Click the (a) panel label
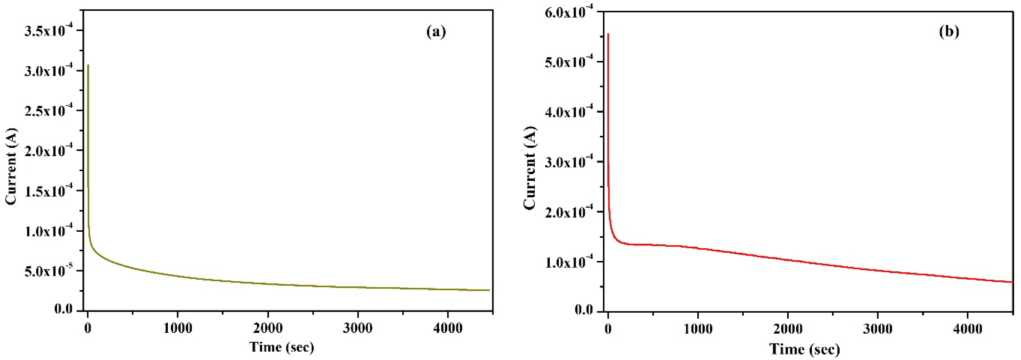tap(436, 32)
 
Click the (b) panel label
tap(949, 32)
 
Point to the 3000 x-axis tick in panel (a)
tap(358, 329)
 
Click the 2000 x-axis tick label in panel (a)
tap(268, 329)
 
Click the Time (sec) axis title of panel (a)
tap(282, 347)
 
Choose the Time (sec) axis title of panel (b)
tap(805, 349)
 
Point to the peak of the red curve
tap(608, 34)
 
